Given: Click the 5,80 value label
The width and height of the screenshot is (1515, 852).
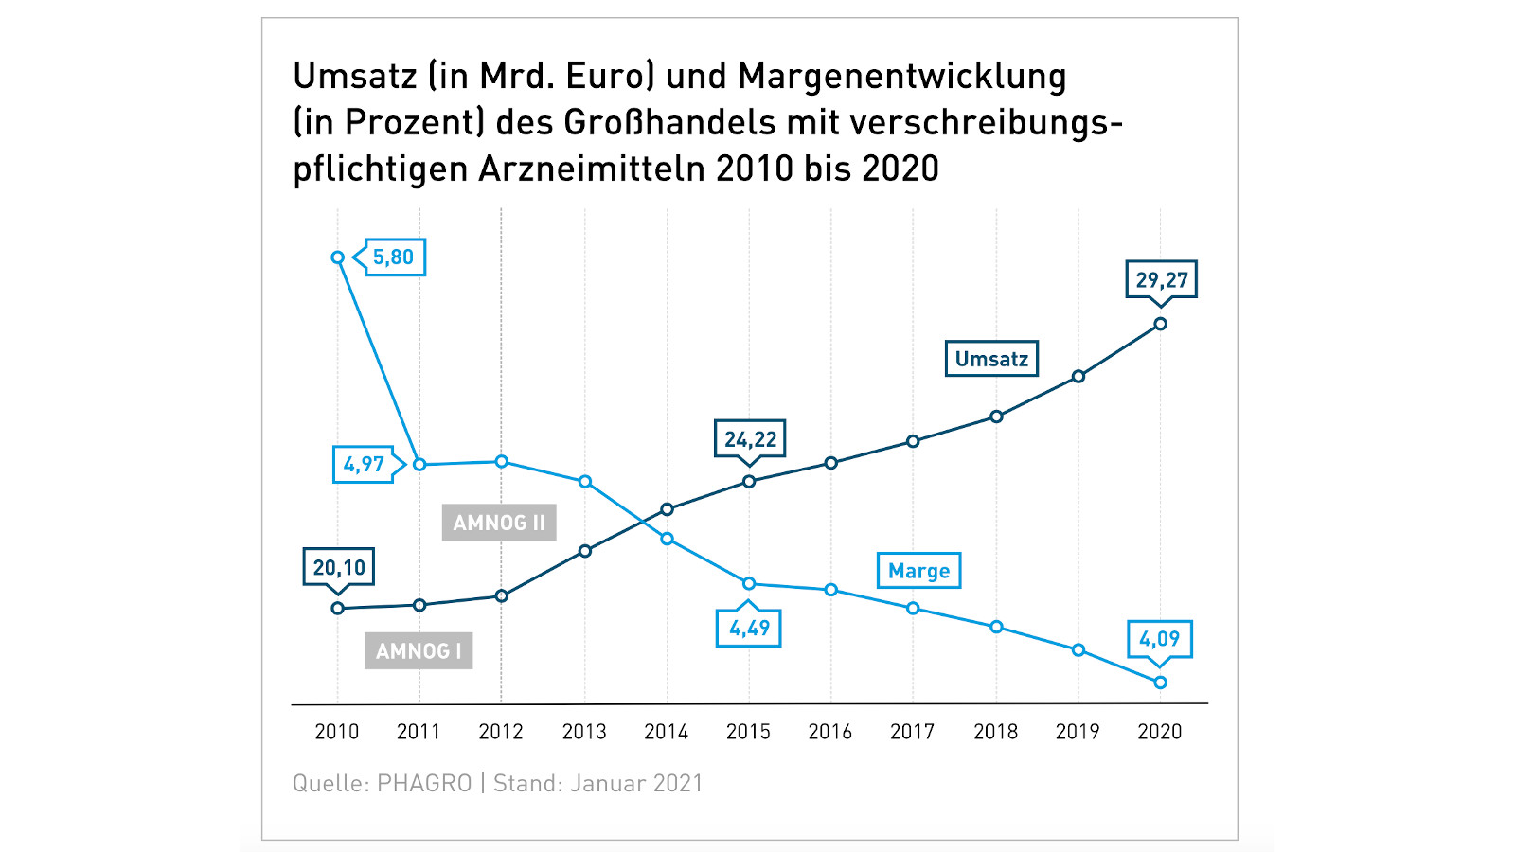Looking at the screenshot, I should (x=394, y=257).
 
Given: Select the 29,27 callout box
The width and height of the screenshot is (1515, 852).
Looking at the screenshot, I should (x=1162, y=280).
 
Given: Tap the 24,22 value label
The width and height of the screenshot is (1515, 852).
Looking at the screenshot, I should (x=750, y=439).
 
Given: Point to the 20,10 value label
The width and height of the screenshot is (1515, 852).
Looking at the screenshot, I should (x=339, y=568).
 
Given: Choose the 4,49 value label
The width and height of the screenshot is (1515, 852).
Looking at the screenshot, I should (x=749, y=629).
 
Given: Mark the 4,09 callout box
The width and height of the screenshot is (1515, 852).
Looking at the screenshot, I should (x=1159, y=639).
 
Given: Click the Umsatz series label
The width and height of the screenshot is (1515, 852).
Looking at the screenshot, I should (x=991, y=359).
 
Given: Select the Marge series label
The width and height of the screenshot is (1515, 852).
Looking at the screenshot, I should (x=918, y=571).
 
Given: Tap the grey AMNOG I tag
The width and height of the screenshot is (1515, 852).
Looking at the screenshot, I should (x=419, y=651).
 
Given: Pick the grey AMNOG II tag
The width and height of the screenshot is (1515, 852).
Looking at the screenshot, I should (x=499, y=523).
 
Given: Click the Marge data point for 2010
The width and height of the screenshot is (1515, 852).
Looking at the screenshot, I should (x=338, y=257).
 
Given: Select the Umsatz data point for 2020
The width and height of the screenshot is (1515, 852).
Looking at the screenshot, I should (x=1161, y=324).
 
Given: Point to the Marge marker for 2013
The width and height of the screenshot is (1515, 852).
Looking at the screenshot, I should (x=585, y=482).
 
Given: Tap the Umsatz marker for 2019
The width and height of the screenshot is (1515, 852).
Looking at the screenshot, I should (x=1078, y=377).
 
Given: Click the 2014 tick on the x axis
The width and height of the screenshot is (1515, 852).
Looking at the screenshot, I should (x=667, y=732).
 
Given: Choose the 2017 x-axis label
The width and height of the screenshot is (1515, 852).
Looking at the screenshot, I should (x=913, y=732).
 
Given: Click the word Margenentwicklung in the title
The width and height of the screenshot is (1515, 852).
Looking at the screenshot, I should (x=902, y=77).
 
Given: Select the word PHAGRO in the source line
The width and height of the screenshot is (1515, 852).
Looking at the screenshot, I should (x=424, y=784).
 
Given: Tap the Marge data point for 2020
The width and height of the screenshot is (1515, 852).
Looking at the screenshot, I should (x=1161, y=683).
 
